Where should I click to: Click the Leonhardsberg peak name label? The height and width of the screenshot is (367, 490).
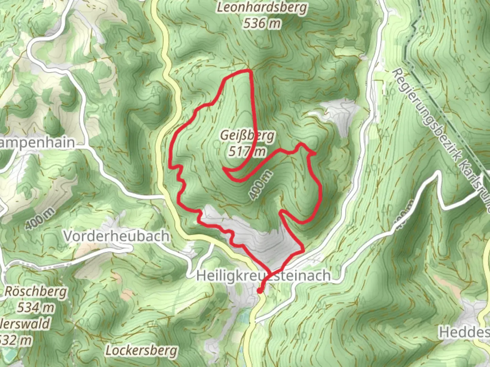[x=262, y=7]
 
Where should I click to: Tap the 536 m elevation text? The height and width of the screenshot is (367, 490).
[x=262, y=23]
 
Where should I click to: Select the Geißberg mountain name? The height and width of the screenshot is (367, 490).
[x=247, y=136]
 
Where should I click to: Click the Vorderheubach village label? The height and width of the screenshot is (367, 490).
[x=116, y=236]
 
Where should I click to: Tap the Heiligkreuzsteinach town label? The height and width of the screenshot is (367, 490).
[x=263, y=275]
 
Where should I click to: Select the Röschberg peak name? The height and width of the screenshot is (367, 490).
[x=36, y=292]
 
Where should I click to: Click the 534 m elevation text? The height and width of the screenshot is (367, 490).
[x=36, y=308]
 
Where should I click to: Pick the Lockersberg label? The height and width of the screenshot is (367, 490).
[x=141, y=350]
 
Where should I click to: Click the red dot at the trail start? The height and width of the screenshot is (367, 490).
[x=260, y=291]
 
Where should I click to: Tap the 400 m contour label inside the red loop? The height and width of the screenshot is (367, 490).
[x=260, y=185]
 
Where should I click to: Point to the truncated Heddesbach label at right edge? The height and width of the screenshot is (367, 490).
[x=464, y=332]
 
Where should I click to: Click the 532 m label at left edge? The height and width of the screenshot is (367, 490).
[x=16, y=340]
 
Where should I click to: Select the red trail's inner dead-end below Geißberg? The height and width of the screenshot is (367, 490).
[x=224, y=168]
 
